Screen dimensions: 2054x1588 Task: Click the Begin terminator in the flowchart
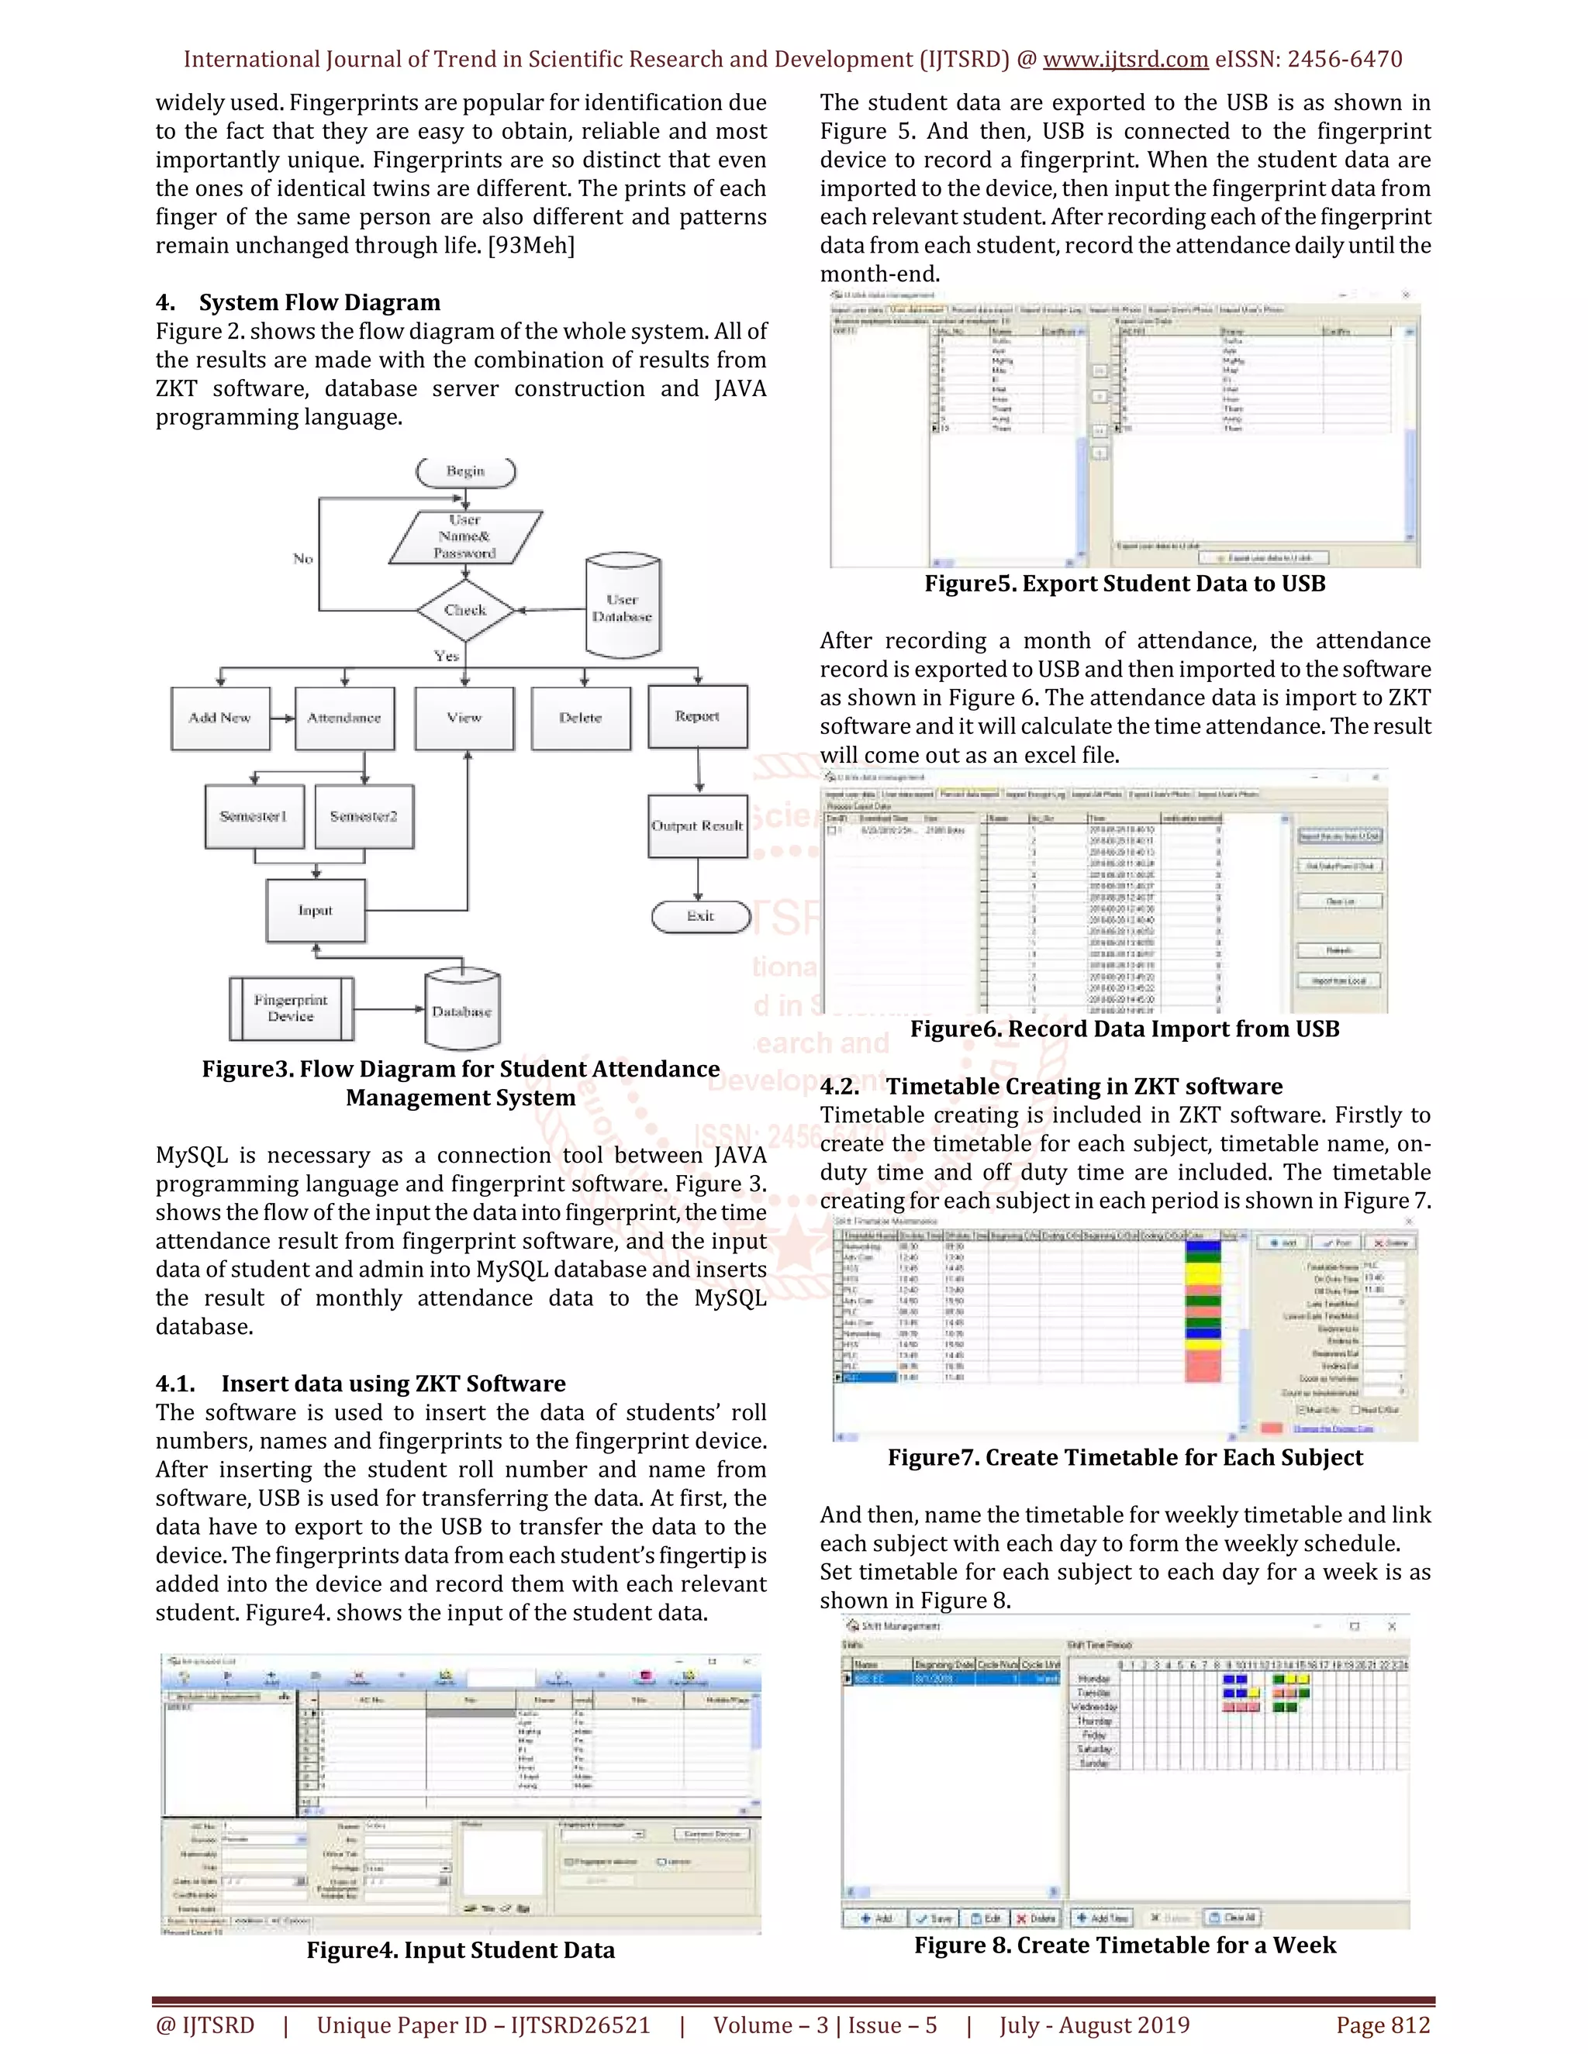coord(466,471)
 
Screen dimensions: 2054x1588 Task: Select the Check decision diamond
coord(466,610)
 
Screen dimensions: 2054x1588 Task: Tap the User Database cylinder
coord(622,608)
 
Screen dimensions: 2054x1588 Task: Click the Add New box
coord(220,718)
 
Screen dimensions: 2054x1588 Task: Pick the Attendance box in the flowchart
coord(344,718)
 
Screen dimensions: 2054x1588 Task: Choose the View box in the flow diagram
coord(464,718)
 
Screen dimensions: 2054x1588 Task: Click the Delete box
coord(581,718)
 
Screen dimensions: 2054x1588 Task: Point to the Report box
coord(697,717)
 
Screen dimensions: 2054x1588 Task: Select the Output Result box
coord(697,825)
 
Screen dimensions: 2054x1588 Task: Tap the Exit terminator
coord(700,916)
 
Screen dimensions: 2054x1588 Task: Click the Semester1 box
coord(253,816)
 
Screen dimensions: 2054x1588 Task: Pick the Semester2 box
coord(364,816)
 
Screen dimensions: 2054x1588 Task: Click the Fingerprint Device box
coord(291,1008)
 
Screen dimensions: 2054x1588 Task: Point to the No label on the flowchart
coord(303,559)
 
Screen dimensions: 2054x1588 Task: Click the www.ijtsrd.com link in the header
coord(1125,59)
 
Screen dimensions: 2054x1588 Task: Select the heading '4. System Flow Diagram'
coord(299,302)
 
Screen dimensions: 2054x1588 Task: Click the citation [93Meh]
coord(530,246)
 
